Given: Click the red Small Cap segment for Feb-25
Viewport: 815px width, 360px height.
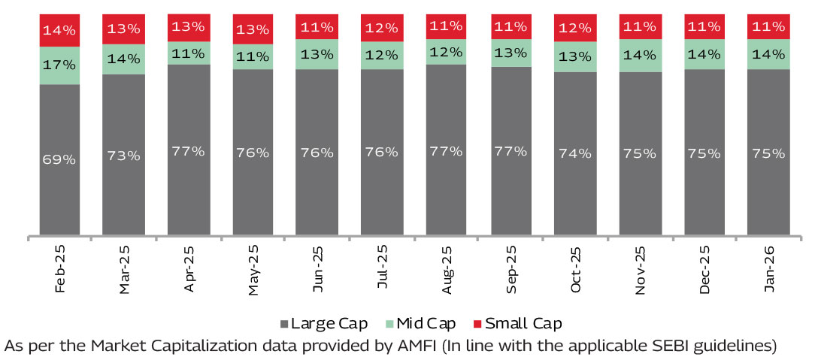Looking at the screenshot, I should click(59, 30).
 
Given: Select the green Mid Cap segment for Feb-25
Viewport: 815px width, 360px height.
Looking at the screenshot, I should click(59, 65).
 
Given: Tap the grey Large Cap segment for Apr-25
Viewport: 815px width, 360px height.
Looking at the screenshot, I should click(189, 150).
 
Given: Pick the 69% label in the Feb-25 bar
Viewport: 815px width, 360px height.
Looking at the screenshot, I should click(59, 159).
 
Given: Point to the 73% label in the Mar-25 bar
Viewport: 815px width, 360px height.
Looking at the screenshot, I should click(123, 156).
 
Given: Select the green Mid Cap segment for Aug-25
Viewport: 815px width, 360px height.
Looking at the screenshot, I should click(446, 53).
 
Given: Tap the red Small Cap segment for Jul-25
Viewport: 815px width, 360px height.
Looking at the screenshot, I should click(381, 27).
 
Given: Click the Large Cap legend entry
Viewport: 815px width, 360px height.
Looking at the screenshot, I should click(323, 324).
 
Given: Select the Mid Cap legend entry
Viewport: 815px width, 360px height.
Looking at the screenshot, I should click(420, 324).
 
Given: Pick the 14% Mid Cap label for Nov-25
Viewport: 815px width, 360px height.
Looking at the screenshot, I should click(641, 55).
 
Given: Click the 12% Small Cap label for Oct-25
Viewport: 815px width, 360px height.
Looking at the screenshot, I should click(575, 28).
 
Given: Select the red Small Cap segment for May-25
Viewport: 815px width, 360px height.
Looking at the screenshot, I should click(253, 29).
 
